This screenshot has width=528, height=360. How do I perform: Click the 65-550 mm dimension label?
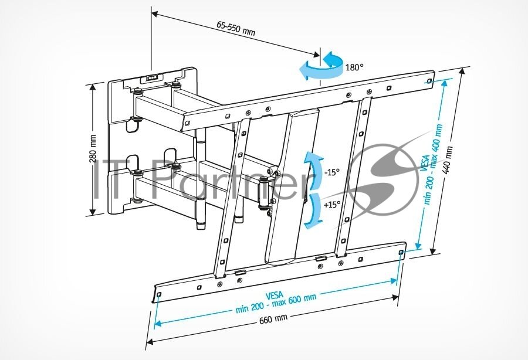(x=235, y=29)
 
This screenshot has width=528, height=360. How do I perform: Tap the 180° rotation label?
(x=354, y=67)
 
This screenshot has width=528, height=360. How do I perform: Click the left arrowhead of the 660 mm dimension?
(x=150, y=342)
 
